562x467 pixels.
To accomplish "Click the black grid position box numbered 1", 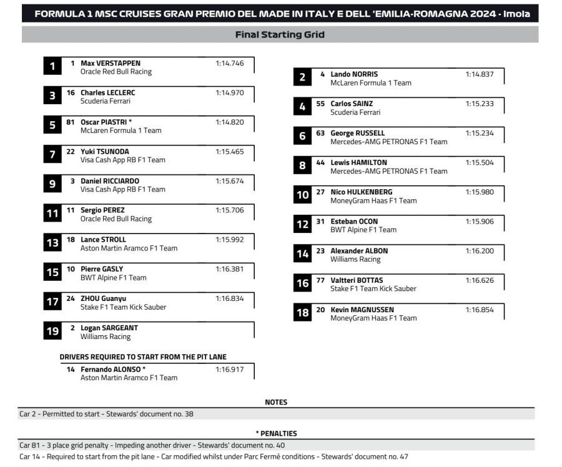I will (52, 66).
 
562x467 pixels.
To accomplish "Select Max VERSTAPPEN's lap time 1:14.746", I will (229, 63).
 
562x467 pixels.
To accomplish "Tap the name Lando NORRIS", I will (354, 74).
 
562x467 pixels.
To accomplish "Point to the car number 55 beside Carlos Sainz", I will (320, 104).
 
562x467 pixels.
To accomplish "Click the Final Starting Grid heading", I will (280, 35).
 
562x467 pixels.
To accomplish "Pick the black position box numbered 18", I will (302, 313).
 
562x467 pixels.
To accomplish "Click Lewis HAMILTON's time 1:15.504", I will (479, 162).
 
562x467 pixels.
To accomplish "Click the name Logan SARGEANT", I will (109, 328).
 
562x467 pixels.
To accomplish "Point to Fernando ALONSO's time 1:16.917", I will (229, 369).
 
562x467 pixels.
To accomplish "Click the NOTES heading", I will (276, 402).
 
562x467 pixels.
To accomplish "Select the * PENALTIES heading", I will (276, 433).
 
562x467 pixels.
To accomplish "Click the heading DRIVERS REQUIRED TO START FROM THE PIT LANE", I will (143, 357).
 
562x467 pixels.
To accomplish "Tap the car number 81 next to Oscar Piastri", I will (71, 122).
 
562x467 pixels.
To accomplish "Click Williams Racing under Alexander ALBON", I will (355, 259).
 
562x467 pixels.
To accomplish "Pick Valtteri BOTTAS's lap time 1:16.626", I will (479, 280).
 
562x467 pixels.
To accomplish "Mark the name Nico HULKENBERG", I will (361, 192).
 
